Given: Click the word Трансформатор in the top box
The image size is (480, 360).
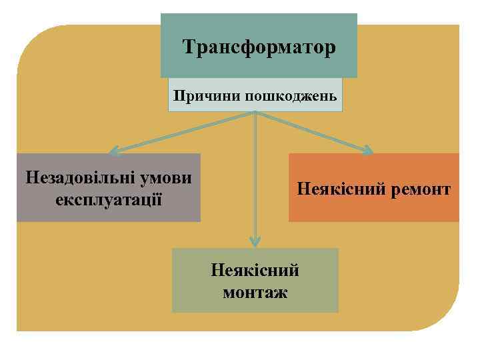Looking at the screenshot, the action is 259,48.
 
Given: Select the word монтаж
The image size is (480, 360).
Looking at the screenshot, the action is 255,291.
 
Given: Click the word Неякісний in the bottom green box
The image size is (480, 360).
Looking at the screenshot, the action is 255,271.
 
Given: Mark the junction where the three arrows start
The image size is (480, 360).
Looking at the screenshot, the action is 255,113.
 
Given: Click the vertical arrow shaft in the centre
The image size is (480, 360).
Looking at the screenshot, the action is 255,180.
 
